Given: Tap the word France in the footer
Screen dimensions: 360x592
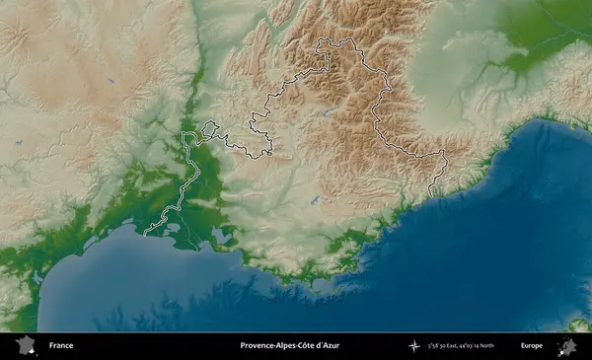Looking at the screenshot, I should tap(61, 346).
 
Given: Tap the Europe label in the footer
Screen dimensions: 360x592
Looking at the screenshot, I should tap(532, 346).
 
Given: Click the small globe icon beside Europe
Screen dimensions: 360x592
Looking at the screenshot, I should tap(567, 346).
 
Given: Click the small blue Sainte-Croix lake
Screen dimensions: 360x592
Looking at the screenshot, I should tap(316, 196).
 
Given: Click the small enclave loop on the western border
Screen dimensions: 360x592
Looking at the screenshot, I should tap(210, 128).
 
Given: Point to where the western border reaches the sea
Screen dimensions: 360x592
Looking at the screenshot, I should tap(145, 235).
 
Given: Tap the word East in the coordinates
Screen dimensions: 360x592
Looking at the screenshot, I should tap(461, 346).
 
